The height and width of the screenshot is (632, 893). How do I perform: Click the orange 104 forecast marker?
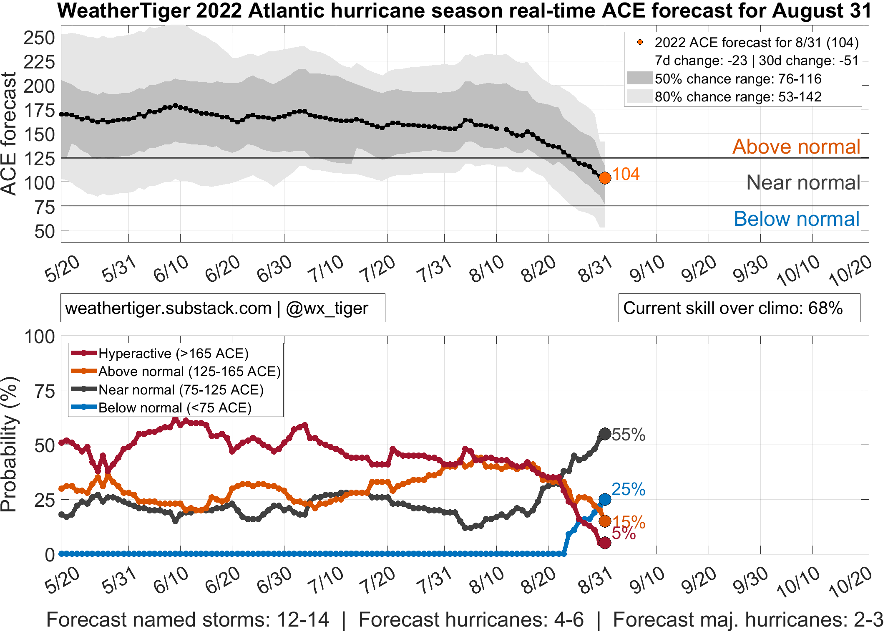[x=605, y=178]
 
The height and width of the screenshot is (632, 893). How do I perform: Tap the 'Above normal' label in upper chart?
[x=796, y=147]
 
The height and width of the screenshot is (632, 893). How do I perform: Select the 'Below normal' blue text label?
[x=796, y=219]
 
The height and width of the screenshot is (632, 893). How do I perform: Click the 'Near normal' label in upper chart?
[x=803, y=182]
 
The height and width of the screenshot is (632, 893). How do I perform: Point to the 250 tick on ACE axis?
[x=39, y=38]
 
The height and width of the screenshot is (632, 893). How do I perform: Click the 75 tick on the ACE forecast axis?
[x=44, y=207]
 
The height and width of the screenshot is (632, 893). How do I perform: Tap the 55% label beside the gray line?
[x=629, y=435]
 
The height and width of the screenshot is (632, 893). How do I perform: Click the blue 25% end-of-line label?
[x=628, y=489]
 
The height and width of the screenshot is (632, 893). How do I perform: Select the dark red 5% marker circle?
[x=605, y=543]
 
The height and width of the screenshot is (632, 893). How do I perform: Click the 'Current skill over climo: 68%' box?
[x=739, y=308]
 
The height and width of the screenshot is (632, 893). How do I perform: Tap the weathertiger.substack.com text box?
[x=222, y=308]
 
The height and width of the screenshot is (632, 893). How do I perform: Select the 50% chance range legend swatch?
[x=639, y=78]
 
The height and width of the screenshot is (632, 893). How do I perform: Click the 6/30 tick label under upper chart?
[x=274, y=269]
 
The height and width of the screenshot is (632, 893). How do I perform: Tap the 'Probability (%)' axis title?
[x=9, y=444]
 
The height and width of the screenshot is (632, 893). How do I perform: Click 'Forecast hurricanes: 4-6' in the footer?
[x=471, y=619]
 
